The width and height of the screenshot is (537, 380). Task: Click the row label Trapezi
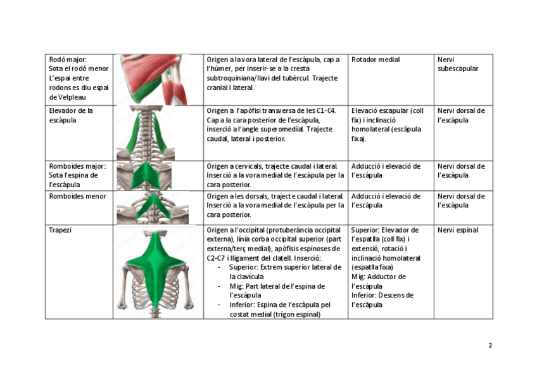click(x=60, y=230)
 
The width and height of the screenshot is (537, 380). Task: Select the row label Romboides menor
click(x=77, y=196)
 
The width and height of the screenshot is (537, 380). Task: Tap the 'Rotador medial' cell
click(x=376, y=60)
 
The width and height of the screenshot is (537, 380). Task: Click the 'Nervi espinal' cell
click(x=458, y=230)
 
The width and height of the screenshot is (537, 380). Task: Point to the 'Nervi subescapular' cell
click(x=458, y=64)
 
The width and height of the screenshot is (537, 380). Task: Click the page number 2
click(x=490, y=346)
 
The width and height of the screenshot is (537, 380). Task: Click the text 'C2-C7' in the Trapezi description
click(x=216, y=258)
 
